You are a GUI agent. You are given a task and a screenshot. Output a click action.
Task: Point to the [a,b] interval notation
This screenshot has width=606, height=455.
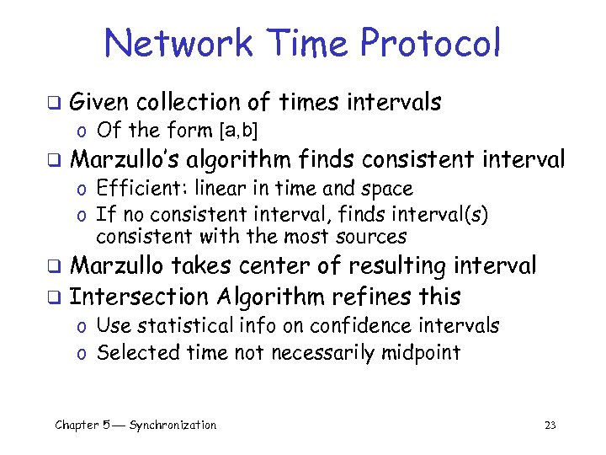point(238,131)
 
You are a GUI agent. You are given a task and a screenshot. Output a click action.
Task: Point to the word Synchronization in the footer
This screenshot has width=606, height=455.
point(173,426)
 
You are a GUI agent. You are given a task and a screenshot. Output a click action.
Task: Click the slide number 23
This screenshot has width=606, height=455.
point(550,426)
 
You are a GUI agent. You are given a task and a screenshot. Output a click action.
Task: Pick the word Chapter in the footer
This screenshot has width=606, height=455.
point(77,426)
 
